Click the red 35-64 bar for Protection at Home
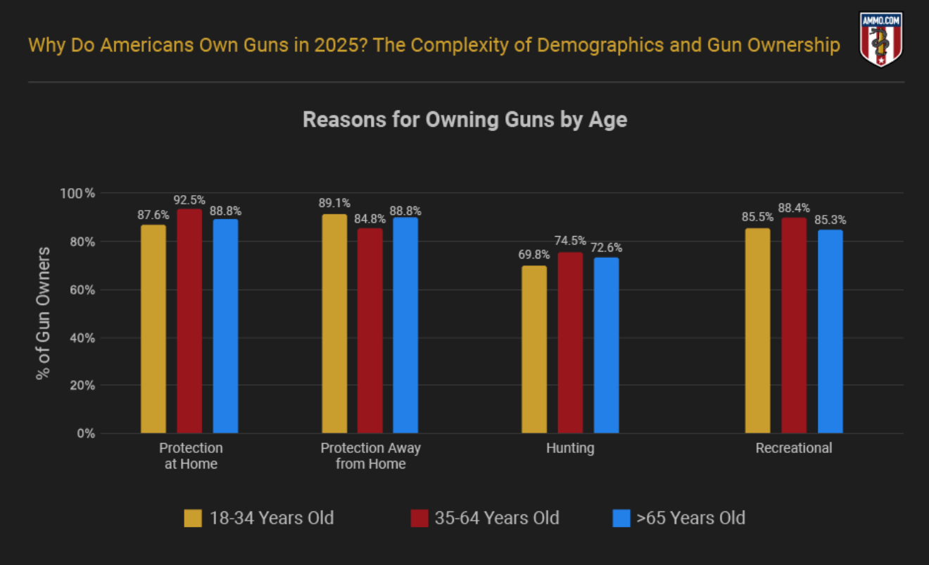pyautogui.click(x=189, y=321)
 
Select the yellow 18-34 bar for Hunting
pyautogui.click(x=534, y=349)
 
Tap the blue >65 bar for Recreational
pyautogui.click(x=830, y=331)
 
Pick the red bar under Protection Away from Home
pyautogui.click(x=370, y=330)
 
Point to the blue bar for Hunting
pyautogui.click(x=606, y=345)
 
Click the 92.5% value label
pyautogui.click(x=189, y=200)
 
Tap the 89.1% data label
pyautogui.click(x=334, y=204)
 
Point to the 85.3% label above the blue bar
pyautogui.click(x=830, y=220)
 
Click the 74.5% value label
pyautogui.click(x=570, y=242)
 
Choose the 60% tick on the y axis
pyautogui.click(x=82, y=290)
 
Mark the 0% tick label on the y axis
pyautogui.click(x=86, y=433)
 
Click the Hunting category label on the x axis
pyautogui.click(x=570, y=448)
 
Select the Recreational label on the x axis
pyautogui.click(x=794, y=448)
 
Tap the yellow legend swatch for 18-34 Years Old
pyautogui.click(x=193, y=519)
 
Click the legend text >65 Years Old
pyautogui.click(x=690, y=519)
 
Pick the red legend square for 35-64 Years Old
pyautogui.click(x=419, y=519)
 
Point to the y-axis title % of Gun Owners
pyautogui.click(x=44, y=313)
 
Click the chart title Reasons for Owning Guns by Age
pyautogui.click(x=464, y=120)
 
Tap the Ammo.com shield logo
pyautogui.click(x=881, y=39)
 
